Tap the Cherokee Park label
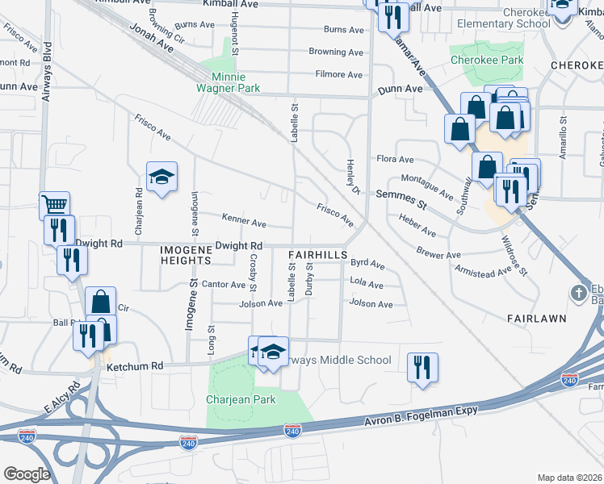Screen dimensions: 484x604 point(486,60)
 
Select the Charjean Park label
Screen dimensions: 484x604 point(241,399)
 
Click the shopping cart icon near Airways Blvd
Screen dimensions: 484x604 point(54,205)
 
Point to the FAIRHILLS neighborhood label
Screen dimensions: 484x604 point(317,254)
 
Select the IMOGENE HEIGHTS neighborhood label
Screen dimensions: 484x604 point(185,255)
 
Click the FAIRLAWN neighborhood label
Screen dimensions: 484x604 point(536,319)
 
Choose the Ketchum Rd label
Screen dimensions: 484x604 point(135,365)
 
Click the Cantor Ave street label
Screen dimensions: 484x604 point(224,284)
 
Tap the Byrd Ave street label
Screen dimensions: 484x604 point(367,264)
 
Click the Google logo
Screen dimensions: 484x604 point(27,474)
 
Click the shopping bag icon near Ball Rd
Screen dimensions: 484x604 point(100,302)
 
